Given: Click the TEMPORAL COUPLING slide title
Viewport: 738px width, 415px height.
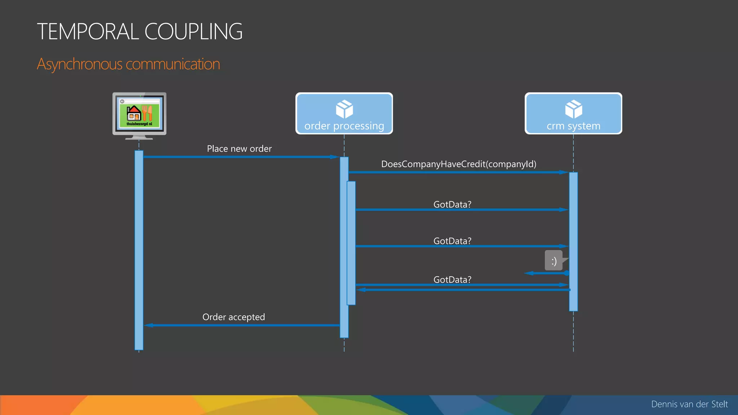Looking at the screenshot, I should tap(139, 31).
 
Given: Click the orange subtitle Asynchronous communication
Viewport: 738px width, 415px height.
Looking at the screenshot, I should tap(128, 64).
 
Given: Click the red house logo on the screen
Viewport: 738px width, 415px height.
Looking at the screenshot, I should tap(134, 113).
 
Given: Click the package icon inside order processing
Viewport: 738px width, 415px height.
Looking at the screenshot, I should tap(344, 109).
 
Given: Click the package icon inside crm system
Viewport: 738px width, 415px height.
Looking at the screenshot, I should tap(573, 109).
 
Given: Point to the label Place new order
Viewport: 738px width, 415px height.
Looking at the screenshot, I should tap(239, 149).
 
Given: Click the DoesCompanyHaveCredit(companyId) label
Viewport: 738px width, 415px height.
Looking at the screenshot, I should tap(459, 164).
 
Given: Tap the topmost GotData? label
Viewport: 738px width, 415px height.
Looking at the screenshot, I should tap(452, 205).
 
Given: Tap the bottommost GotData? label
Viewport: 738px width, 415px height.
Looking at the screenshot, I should tap(452, 280).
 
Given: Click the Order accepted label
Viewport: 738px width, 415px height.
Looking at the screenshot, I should tap(234, 317).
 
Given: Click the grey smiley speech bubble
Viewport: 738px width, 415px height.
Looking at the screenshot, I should tap(554, 260).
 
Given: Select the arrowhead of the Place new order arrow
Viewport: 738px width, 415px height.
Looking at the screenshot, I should tap(334, 157).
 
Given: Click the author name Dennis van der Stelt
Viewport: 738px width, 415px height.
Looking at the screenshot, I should tap(689, 404).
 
